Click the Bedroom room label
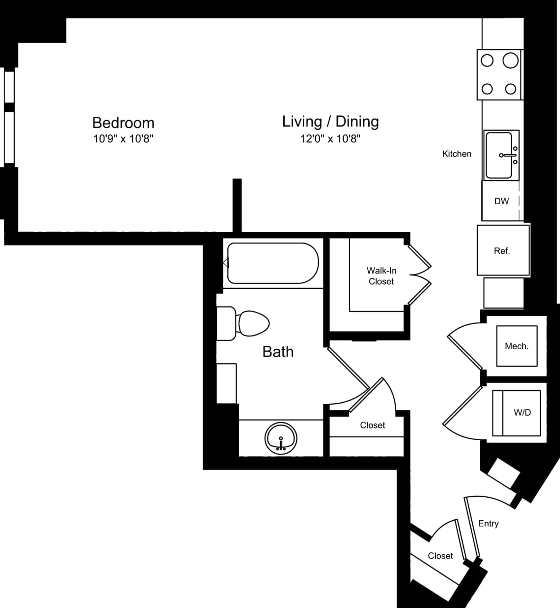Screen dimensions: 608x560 point(123,123)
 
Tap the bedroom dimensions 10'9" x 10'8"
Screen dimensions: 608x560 point(123,139)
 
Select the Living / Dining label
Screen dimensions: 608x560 point(330,121)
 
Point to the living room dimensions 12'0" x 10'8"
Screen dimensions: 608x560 point(330,139)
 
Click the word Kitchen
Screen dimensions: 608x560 point(457,154)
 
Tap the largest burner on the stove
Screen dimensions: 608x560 point(510,60)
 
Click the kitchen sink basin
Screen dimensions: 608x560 point(498,155)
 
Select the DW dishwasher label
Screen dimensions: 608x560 point(501,201)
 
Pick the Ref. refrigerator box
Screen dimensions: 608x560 point(502,250)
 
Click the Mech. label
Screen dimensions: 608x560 point(516,346)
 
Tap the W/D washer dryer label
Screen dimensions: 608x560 point(522,413)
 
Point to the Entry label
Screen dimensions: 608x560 point(488,523)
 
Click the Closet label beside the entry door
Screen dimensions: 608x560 point(440,556)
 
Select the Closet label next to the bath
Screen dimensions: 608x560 point(372,425)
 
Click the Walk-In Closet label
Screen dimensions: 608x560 point(381,276)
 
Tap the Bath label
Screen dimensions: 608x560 point(278,351)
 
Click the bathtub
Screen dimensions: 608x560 point(272,263)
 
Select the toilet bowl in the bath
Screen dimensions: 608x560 point(253,323)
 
